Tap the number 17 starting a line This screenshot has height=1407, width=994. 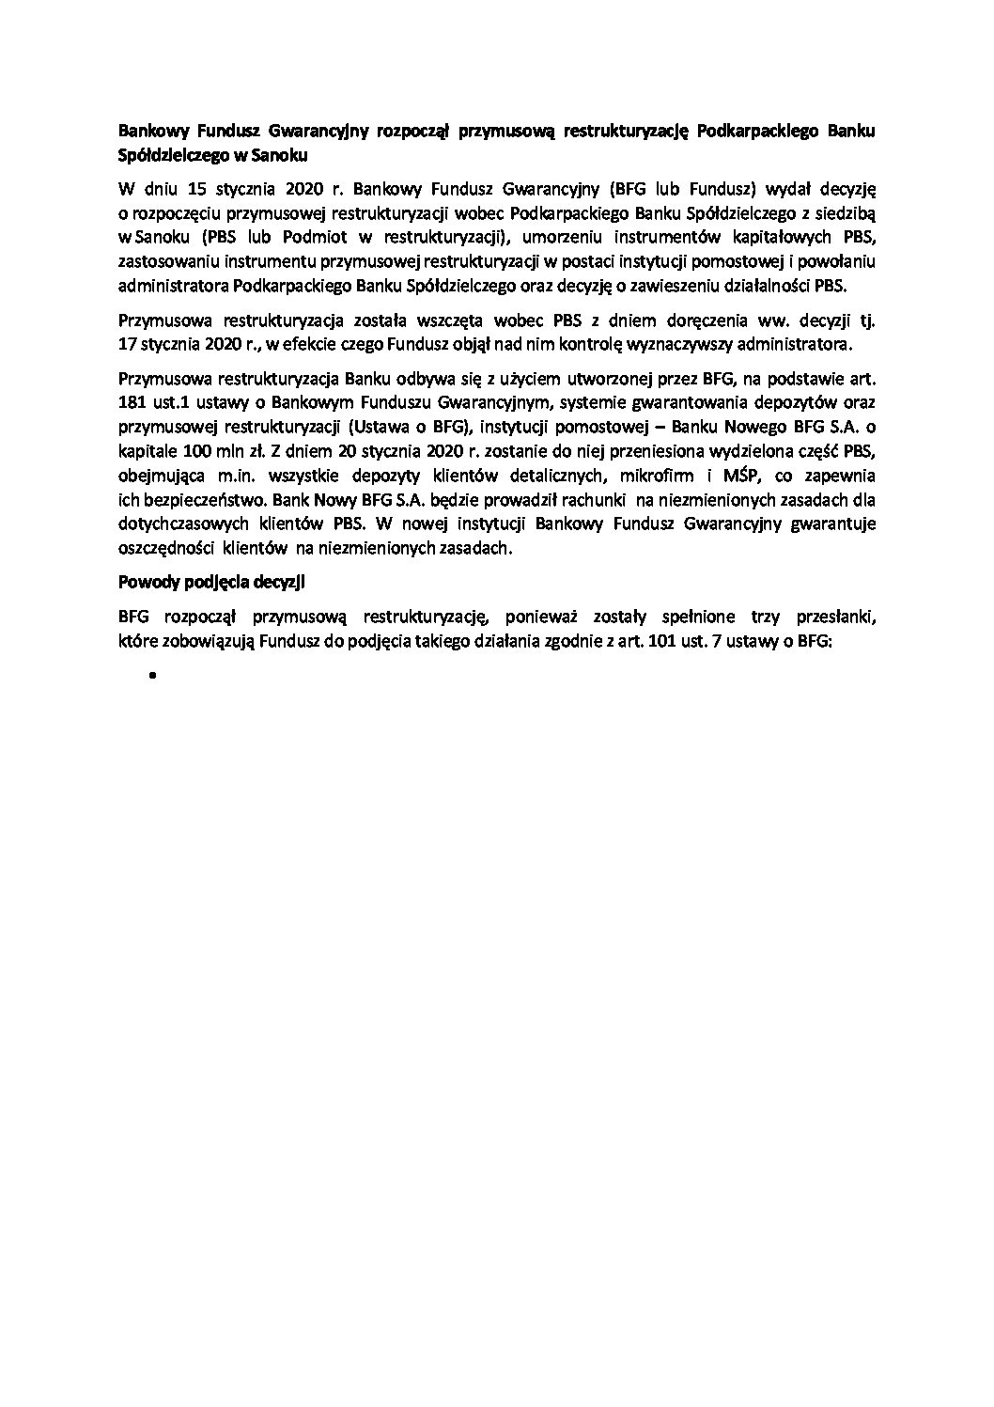[x=128, y=344]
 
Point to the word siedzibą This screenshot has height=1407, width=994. [x=845, y=211]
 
